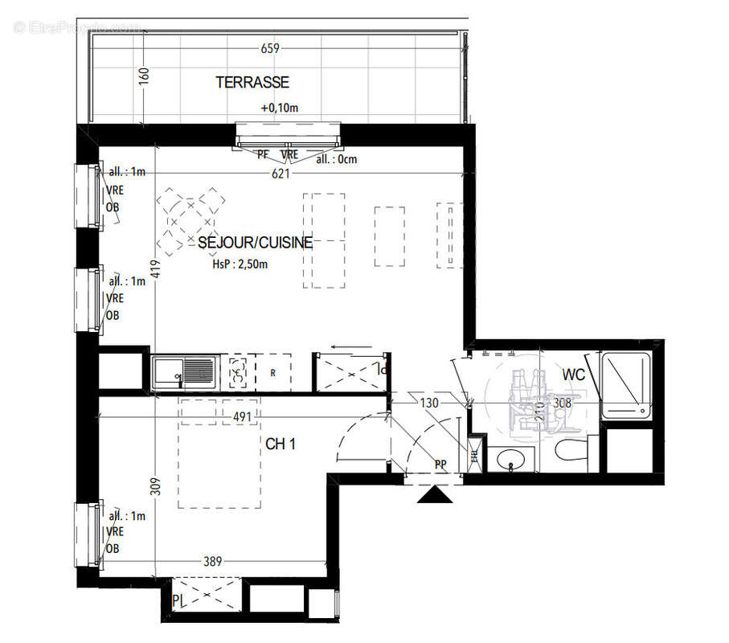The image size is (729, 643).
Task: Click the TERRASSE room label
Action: click(252, 83)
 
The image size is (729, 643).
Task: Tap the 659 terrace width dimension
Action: click(270, 48)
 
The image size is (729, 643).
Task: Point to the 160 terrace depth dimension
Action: click(145, 77)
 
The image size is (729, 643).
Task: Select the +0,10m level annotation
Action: click(278, 108)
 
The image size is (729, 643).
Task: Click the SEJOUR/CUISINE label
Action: click(255, 242)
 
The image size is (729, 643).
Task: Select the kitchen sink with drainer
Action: click(185, 373)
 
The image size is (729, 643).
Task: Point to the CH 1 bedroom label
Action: click(281, 444)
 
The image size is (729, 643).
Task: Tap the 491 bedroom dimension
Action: click(244, 416)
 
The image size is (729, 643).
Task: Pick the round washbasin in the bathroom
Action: click(510, 460)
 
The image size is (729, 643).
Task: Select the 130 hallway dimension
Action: click(429, 403)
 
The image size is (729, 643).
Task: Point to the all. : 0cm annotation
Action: click(336, 159)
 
